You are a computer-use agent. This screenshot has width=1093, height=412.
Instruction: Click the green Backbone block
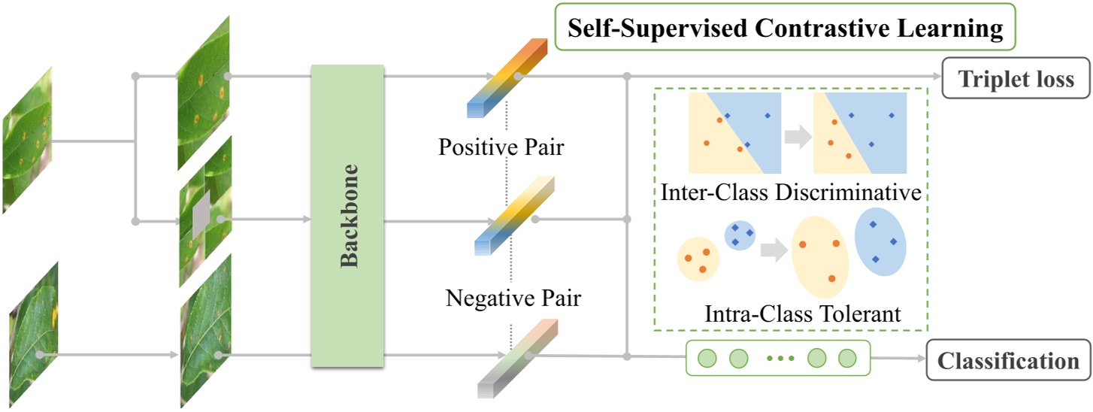[x=347, y=217]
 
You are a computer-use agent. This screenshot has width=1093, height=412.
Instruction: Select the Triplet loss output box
[x=1016, y=79]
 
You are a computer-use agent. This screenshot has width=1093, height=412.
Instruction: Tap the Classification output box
[x=1007, y=360]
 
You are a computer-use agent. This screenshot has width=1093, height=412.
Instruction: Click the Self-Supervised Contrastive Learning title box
[x=785, y=29]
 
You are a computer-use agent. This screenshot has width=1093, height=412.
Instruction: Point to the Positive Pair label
[x=501, y=147]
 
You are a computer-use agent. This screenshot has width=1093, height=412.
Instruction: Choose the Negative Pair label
[x=513, y=298]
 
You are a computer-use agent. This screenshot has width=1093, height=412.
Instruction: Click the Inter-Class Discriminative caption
[x=792, y=192]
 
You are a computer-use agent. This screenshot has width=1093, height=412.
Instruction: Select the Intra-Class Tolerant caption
[x=802, y=313]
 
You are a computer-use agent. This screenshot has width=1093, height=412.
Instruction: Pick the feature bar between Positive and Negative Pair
[x=514, y=217]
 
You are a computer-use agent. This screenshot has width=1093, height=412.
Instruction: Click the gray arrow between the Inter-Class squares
[x=798, y=135]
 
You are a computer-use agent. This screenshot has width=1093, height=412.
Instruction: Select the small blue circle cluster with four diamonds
[x=739, y=236]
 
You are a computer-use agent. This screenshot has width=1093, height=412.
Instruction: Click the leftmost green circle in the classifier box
[x=707, y=358]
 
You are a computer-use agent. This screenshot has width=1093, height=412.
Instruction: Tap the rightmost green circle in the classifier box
[x=847, y=358]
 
